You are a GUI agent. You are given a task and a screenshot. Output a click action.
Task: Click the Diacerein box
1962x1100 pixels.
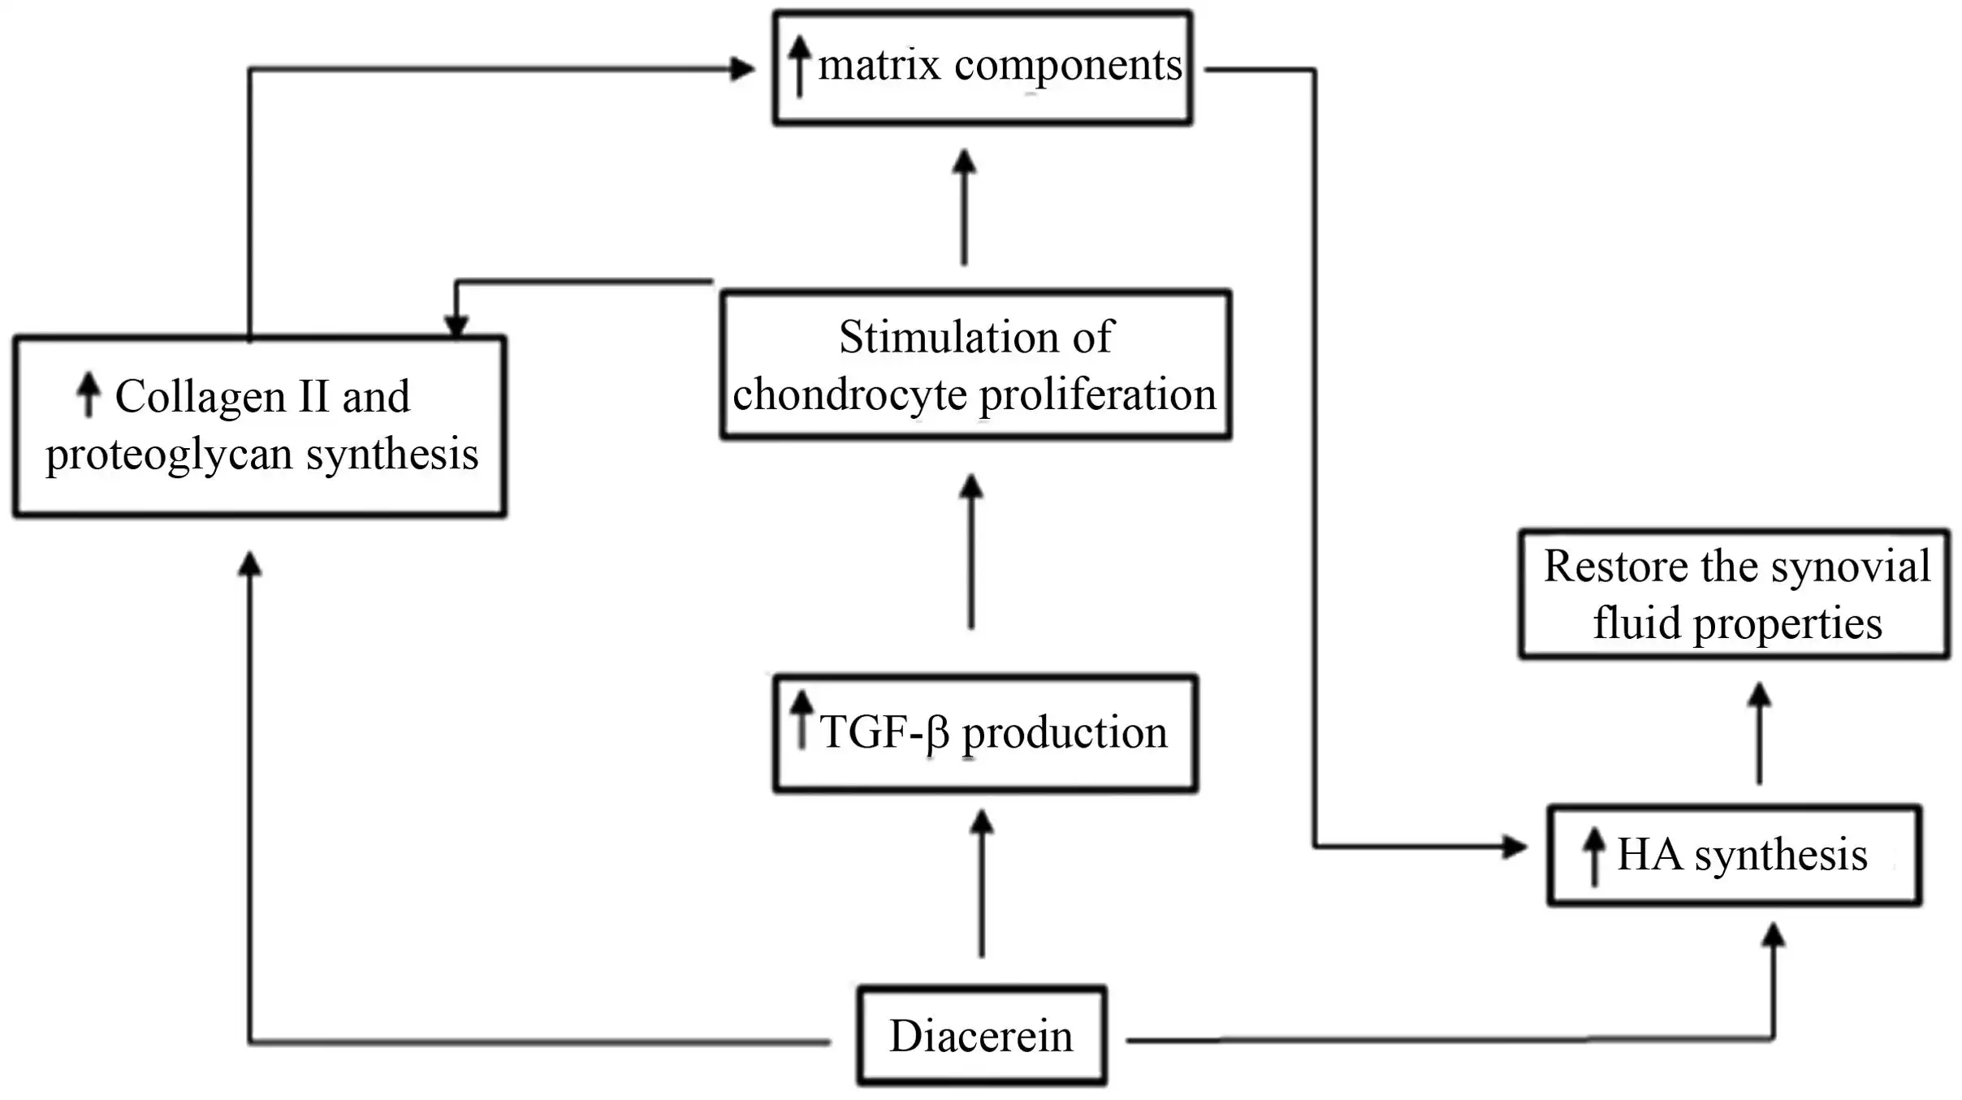pos(981,1036)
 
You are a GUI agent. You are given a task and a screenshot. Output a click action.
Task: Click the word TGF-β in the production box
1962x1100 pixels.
pos(884,732)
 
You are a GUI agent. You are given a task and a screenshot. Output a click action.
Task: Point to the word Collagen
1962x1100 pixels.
pos(201,397)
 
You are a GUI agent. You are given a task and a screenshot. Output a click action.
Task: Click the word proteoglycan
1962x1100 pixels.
pos(169,455)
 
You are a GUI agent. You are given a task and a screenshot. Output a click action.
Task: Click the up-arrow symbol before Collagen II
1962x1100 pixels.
pos(89,395)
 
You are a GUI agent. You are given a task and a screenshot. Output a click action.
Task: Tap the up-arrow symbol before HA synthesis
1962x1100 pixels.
pos(1593,856)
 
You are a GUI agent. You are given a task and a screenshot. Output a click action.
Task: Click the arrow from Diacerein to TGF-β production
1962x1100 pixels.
pos(982,885)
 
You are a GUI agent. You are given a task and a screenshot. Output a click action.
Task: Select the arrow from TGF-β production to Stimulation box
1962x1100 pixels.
pos(971,552)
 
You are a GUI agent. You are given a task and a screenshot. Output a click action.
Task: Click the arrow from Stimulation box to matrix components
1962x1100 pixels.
pos(964,207)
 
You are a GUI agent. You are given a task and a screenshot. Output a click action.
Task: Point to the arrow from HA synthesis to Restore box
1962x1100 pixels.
pos(1759,733)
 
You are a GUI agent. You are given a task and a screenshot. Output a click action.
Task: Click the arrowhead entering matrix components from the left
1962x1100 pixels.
pos(741,69)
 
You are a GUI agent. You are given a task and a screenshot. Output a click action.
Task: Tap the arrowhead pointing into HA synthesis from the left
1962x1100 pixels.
pos(1513,847)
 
